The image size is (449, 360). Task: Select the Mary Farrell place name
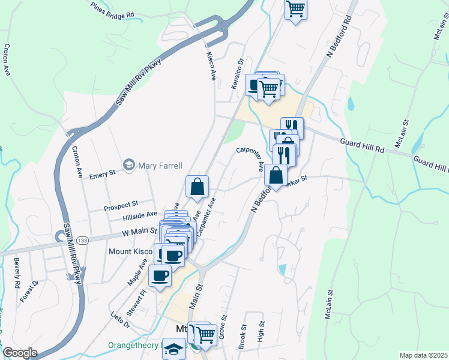click(160, 165)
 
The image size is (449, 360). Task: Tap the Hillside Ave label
click(139, 214)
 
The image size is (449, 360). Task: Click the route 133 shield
click(82, 240)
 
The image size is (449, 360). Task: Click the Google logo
click(20, 353)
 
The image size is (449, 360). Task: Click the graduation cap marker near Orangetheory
click(174, 350)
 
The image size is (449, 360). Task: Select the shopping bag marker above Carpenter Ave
click(197, 187)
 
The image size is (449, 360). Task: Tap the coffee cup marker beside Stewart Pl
click(160, 276)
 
